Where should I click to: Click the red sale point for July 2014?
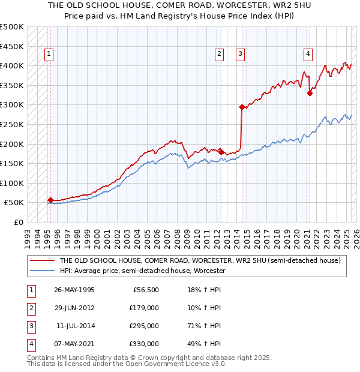(242, 107)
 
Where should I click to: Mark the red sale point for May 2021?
(310, 93)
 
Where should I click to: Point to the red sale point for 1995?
(50, 200)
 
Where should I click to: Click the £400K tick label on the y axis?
(12, 65)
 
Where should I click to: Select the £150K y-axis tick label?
(12, 163)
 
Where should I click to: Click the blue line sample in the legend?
(42, 271)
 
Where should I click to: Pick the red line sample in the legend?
(42, 260)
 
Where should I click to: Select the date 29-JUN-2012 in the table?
(74, 308)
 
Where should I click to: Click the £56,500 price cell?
(144, 290)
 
